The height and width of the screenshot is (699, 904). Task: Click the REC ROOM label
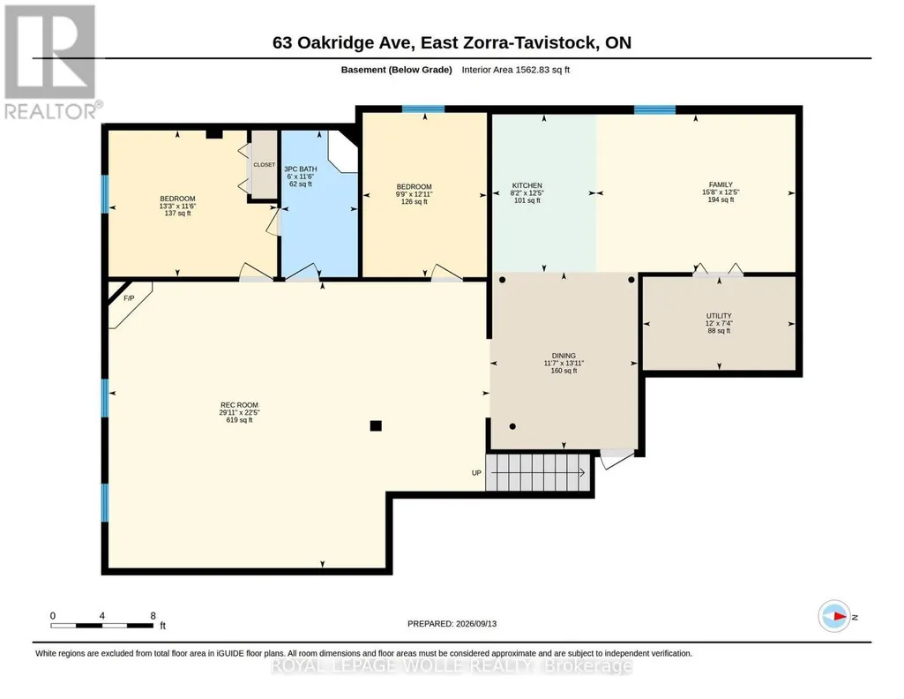(239, 405)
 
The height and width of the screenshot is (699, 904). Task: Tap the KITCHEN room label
(527, 185)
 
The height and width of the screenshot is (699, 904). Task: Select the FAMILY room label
(721, 184)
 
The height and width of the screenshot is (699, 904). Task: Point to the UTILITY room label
(719, 316)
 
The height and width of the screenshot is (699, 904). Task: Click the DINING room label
(564, 356)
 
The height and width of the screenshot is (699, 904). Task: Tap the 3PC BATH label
(301, 169)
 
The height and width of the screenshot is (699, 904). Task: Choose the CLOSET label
(264, 165)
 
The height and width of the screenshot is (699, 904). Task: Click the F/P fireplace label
(129, 298)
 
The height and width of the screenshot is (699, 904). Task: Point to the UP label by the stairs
(476, 473)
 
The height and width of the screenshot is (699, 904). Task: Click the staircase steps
(538, 472)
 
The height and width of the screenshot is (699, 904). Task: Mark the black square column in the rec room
(376, 426)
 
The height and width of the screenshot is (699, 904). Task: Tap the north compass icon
(834, 616)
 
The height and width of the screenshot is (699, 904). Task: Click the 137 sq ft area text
(177, 214)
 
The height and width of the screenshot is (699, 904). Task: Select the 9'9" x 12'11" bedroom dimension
(414, 194)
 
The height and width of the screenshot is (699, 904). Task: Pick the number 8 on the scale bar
(153, 616)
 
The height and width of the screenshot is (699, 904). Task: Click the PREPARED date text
(452, 623)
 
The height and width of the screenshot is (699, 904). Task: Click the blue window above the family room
(655, 109)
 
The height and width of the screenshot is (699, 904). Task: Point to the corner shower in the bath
(343, 151)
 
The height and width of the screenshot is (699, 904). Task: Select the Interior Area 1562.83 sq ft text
(515, 70)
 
